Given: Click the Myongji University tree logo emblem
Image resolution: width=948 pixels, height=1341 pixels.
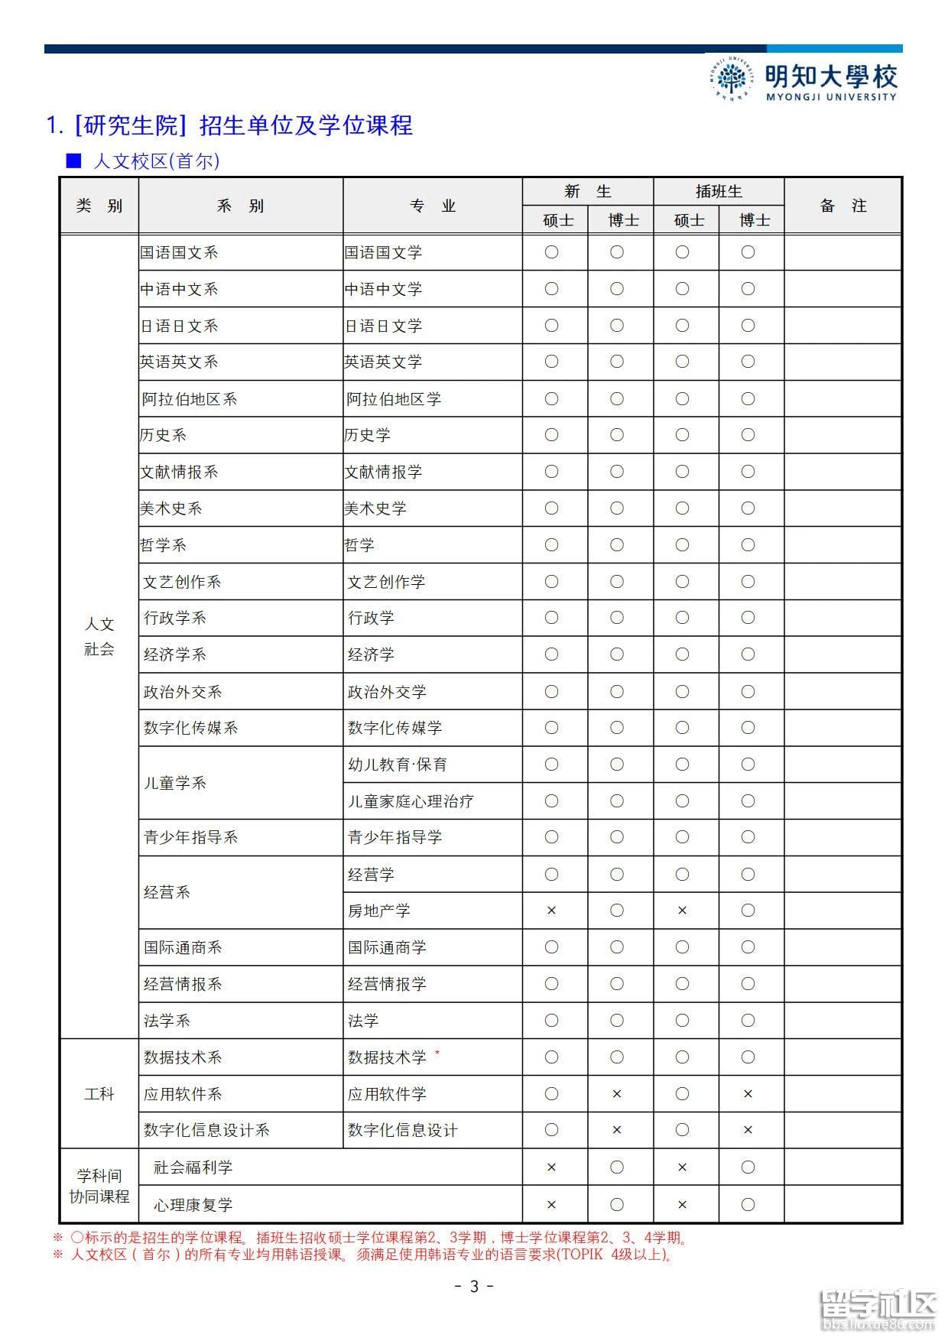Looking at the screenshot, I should (x=732, y=78).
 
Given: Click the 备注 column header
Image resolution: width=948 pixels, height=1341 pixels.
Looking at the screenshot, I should (x=842, y=206).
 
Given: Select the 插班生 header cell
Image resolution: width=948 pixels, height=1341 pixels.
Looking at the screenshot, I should (x=719, y=191).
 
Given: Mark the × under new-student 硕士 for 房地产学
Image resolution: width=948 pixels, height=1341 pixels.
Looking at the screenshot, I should (x=551, y=911).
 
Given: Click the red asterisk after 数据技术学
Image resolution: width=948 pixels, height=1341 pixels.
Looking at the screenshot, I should (x=437, y=1054).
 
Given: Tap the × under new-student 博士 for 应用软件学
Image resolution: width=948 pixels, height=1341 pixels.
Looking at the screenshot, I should (x=617, y=1094).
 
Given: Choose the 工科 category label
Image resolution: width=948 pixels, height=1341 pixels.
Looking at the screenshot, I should (x=99, y=1094).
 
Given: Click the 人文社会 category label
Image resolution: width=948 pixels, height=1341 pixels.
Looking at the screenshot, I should (x=99, y=637).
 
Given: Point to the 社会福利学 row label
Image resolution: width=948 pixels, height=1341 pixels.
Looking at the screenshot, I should (x=193, y=1167).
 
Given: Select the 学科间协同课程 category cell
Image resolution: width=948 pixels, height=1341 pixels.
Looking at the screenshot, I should (x=99, y=1186).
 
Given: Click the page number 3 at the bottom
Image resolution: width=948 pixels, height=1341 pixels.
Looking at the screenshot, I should (x=473, y=1287).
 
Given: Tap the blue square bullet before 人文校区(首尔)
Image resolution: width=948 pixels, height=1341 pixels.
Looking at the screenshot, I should (x=73, y=161).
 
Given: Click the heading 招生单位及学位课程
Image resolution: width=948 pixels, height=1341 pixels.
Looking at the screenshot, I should (x=306, y=125).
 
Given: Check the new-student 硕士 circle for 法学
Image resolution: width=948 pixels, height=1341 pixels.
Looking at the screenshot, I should (x=551, y=1021).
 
